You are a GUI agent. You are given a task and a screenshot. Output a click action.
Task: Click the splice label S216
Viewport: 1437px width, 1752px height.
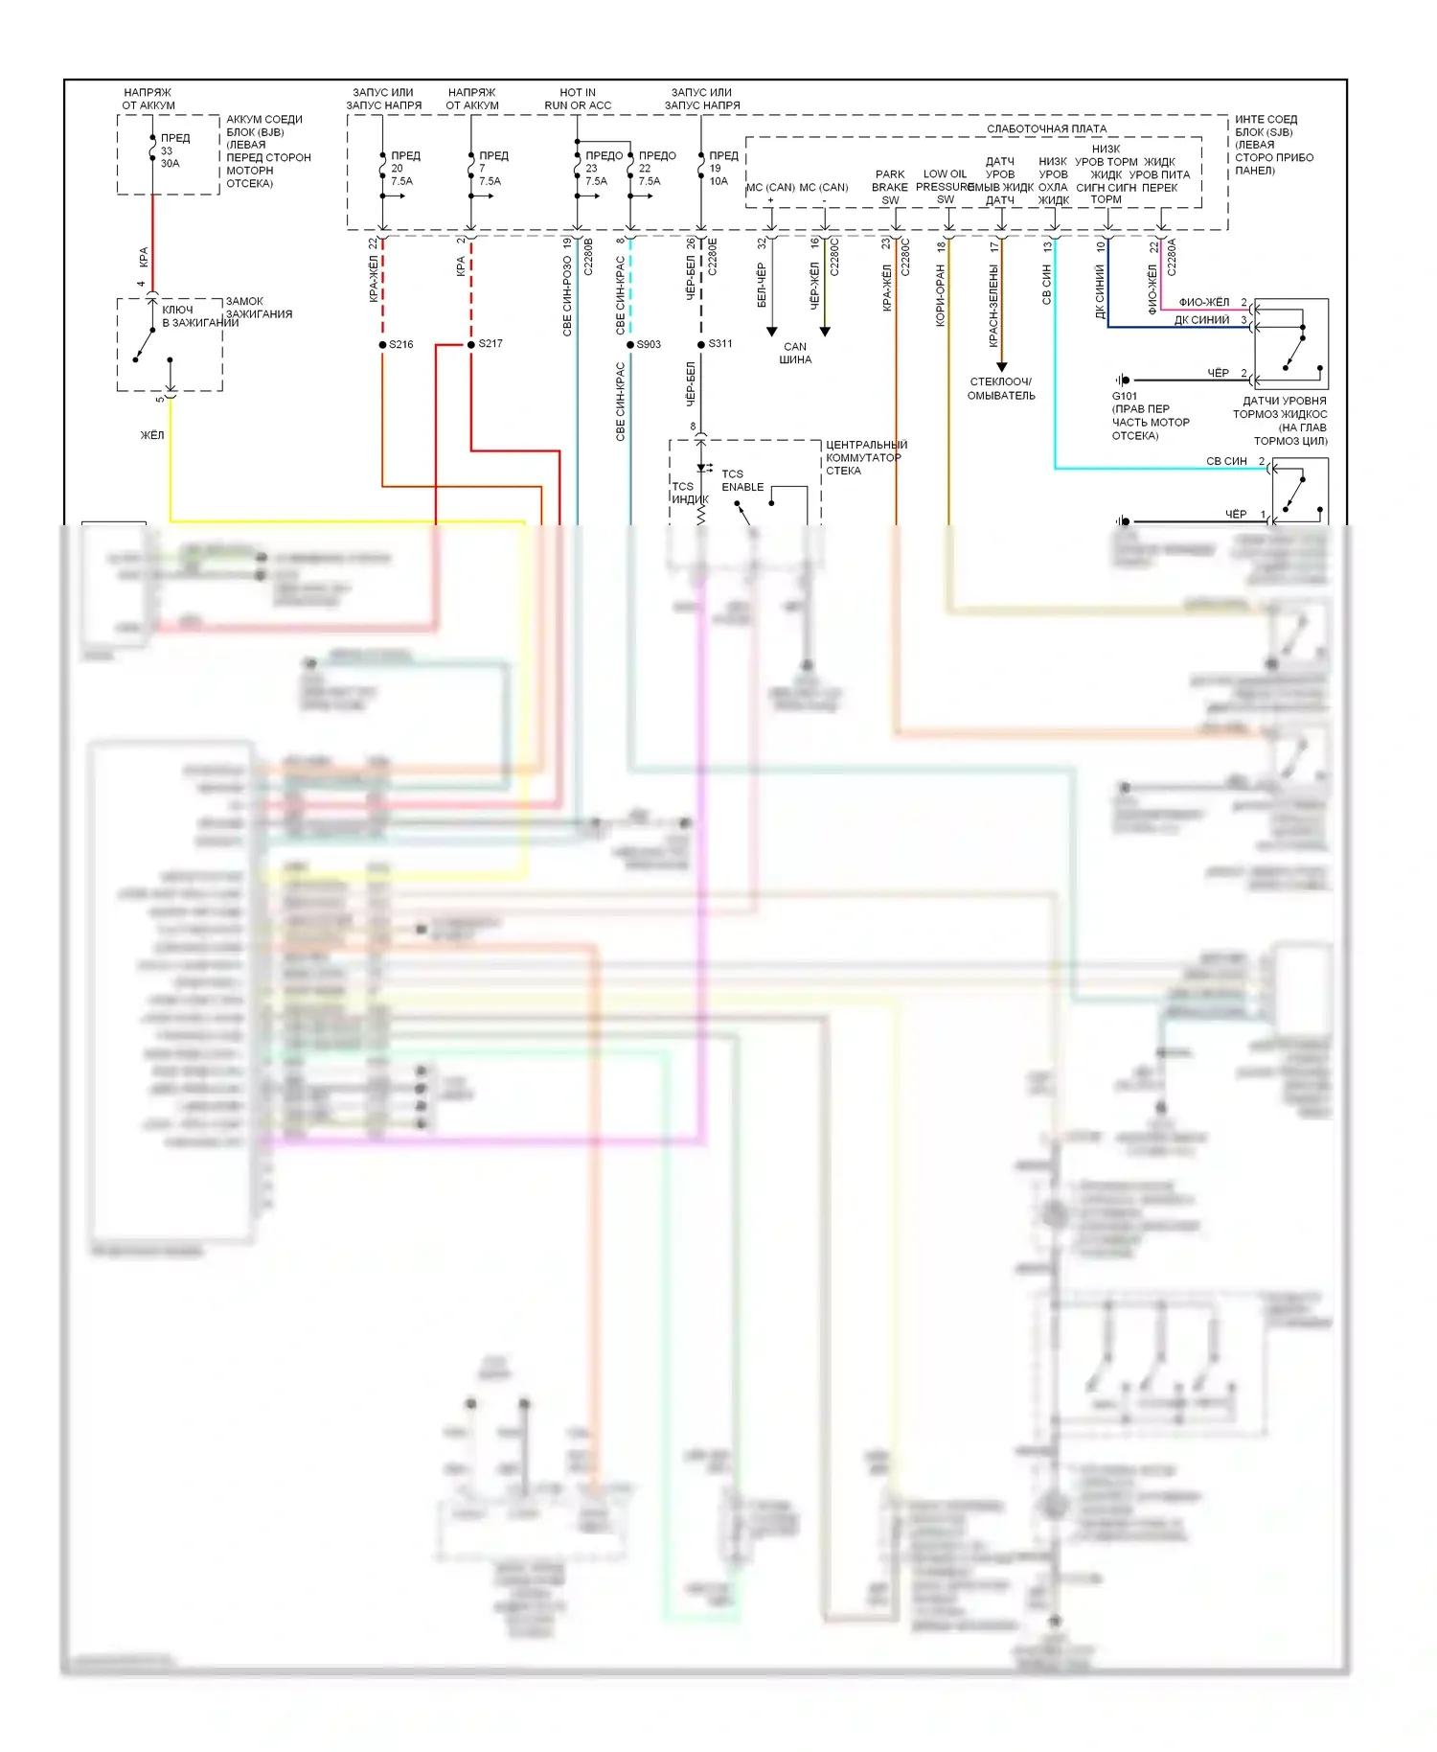(x=401, y=344)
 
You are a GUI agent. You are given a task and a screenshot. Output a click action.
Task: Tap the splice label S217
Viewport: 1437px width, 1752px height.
(x=490, y=343)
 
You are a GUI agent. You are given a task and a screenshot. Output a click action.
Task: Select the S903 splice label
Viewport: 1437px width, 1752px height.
(x=649, y=344)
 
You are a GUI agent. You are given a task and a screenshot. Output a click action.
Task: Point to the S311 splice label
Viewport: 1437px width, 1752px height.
(x=720, y=343)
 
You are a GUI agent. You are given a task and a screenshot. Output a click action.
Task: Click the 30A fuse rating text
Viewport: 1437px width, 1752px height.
(x=170, y=164)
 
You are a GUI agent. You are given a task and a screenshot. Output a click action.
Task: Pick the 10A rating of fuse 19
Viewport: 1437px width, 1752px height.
(x=718, y=181)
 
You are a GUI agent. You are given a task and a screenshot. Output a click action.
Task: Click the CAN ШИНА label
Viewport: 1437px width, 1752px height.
(x=795, y=354)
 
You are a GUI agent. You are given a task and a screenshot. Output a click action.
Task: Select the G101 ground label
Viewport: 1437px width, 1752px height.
(x=1125, y=396)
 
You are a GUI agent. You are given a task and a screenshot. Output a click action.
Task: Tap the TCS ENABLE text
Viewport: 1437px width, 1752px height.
(x=742, y=480)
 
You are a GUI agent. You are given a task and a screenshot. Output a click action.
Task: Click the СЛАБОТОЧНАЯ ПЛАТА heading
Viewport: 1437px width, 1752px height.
(x=1046, y=128)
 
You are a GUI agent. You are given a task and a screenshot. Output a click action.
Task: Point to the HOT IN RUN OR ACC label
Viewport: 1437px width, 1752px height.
(x=578, y=99)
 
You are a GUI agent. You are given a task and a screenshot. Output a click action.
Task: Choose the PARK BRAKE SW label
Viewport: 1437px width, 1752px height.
(x=890, y=187)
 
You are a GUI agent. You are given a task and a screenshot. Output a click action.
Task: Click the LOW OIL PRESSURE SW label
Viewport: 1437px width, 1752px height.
(x=945, y=187)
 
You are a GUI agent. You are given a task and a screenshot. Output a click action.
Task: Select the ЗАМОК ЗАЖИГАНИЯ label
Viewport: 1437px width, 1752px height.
(x=259, y=308)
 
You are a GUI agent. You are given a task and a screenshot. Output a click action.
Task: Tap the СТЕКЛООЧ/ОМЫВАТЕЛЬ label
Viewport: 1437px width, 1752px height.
(x=1001, y=388)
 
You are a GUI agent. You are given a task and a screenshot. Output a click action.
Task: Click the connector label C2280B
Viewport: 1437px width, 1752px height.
(x=588, y=257)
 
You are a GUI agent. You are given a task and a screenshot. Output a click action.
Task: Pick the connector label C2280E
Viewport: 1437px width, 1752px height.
(x=712, y=257)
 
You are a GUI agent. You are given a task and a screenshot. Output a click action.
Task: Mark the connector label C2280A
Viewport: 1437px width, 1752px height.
(x=1171, y=257)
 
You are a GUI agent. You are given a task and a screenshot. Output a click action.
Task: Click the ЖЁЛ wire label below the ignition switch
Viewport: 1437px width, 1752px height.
(x=152, y=435)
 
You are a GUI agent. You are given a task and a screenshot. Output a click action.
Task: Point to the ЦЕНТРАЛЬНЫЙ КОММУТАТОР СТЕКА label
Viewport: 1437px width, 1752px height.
(x=866, y=457)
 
